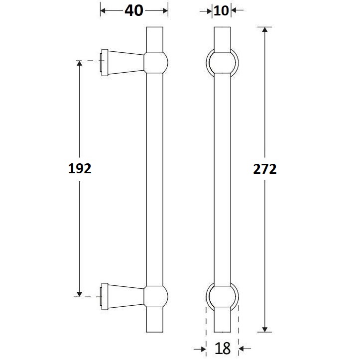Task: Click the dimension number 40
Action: pos(133,10)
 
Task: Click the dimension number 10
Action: pos(222,10)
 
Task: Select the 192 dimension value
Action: pos(80,169)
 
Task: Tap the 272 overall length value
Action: pos(264,169)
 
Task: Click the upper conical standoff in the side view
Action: pos(125,62)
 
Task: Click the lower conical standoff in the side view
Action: pos(125,297)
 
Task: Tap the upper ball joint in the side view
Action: pos(156,62)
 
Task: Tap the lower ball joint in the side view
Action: pos(156,297)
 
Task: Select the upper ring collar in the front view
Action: pos(222,62)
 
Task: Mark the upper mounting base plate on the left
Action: pos(104,63)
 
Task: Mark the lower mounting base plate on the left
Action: pos(104,297)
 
